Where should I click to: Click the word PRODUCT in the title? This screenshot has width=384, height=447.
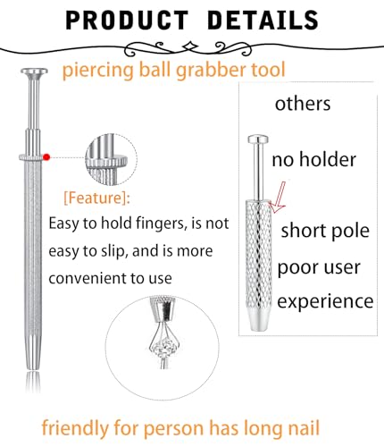click(x=127, y=20)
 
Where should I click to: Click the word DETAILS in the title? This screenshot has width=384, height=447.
click(x=263, y=20)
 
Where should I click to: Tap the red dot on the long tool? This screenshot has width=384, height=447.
click(x=46, y=157)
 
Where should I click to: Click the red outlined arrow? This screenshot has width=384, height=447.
click(x=279, y=198)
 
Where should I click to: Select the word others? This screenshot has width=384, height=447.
click(x=303, y=104)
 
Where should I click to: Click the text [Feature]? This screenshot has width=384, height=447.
click(x=97, y=198)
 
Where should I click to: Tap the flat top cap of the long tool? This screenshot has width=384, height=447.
click(x=34, y=72)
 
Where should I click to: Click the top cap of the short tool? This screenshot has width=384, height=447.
click(x=258, y=139)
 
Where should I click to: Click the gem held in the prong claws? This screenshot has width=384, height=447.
click(x=164, y=346)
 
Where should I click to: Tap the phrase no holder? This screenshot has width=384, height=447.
click(x=313, y=159)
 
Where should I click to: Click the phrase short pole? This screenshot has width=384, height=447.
click(x=325, y=232)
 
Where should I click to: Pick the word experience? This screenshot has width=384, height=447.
click(x=325, y=301)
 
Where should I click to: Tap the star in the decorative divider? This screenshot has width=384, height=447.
click(x=189, y=47)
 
